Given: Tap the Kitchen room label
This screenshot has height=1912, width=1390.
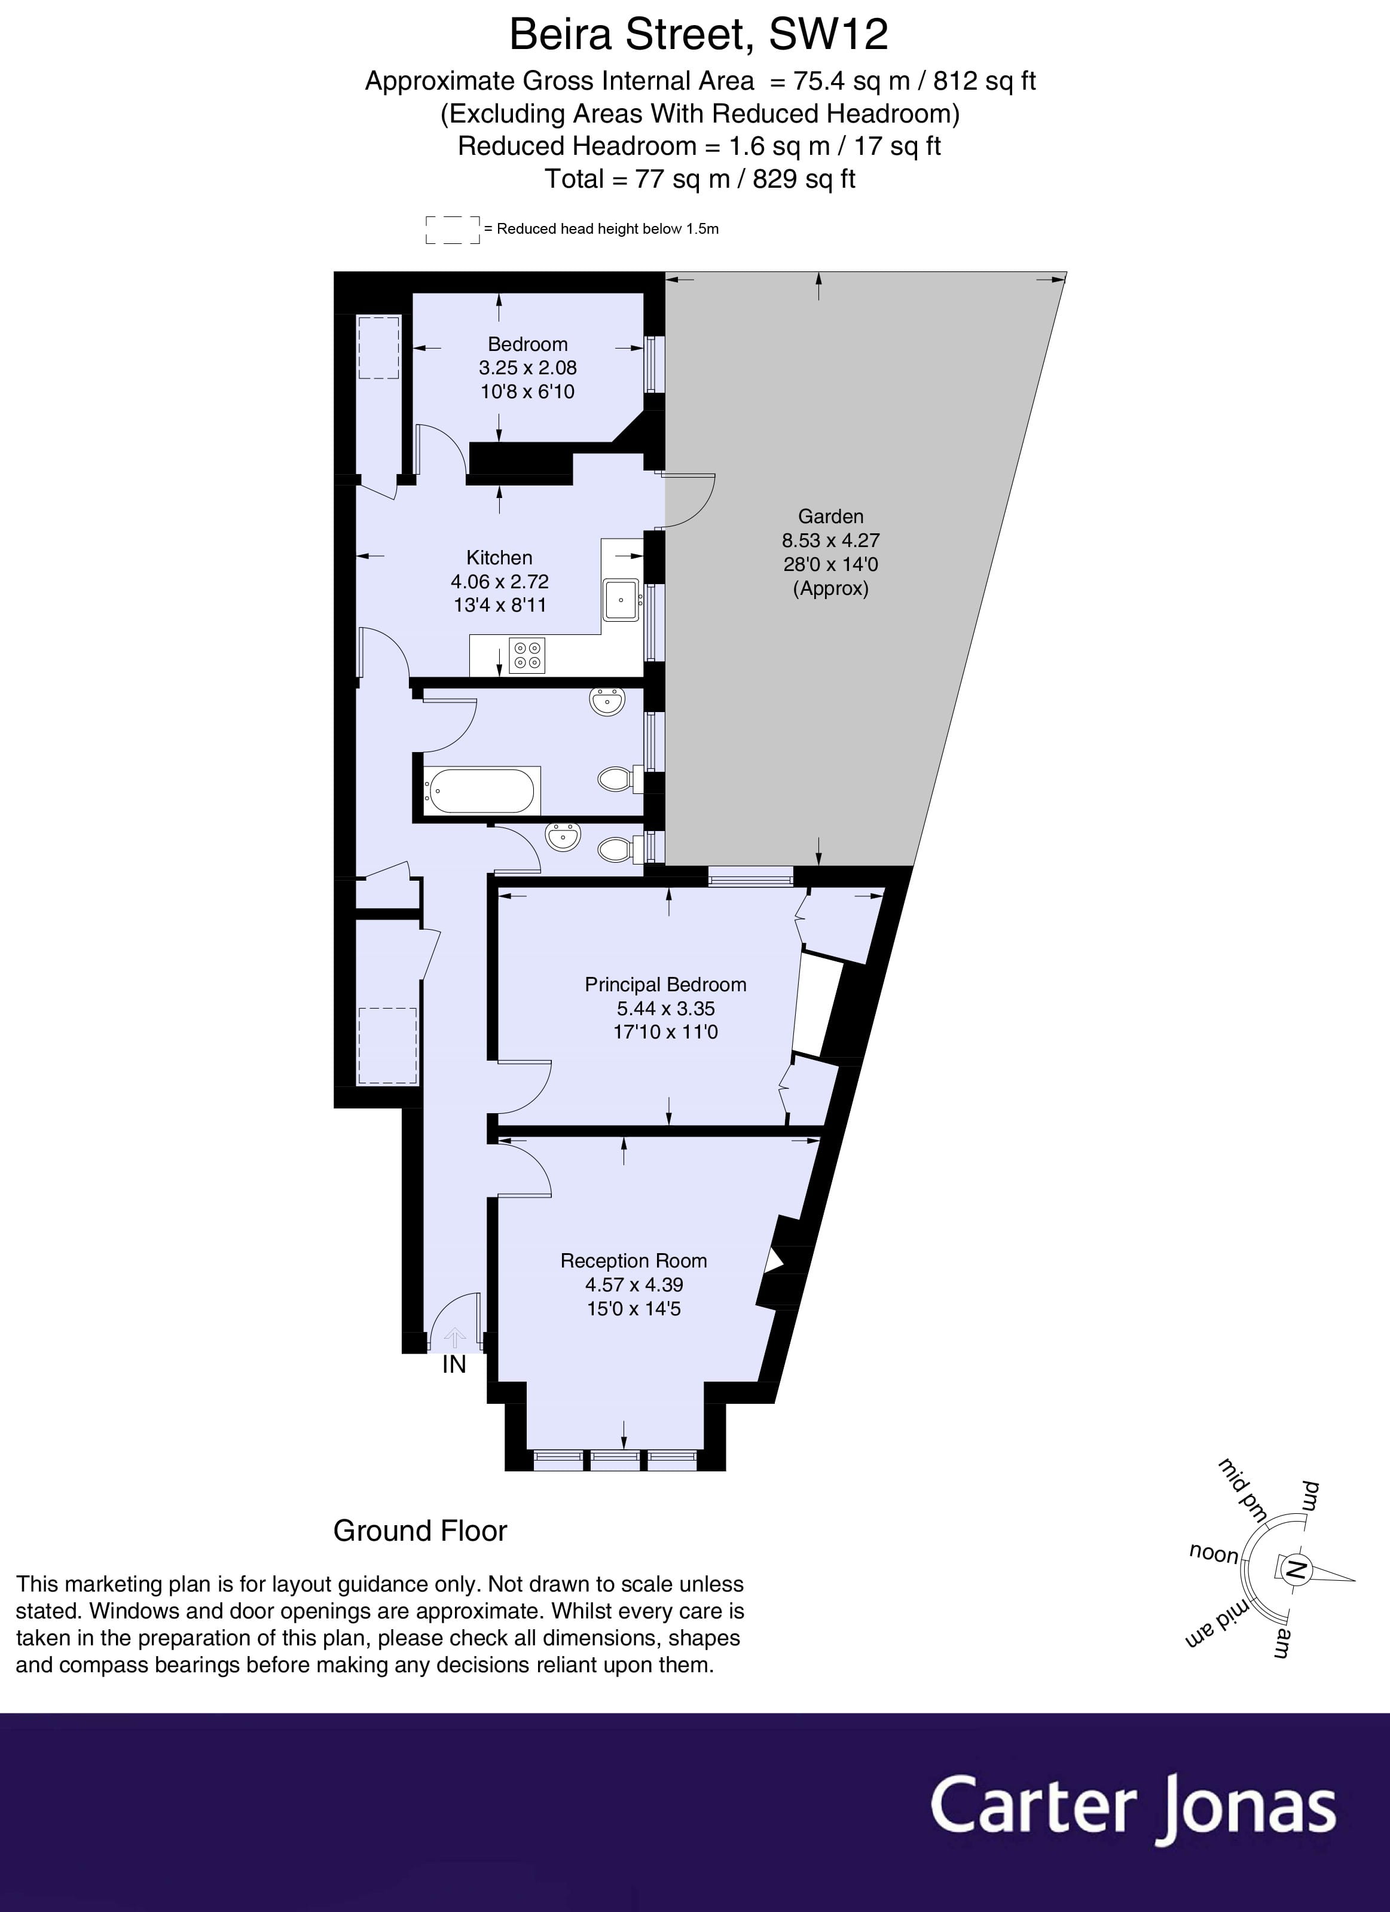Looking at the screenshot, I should point(499,557).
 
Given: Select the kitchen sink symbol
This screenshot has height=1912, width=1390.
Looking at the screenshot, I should point(621,600).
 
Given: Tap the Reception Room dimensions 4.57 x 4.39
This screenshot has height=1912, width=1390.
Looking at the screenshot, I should point(634,1285).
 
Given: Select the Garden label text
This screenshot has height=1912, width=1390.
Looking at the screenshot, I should point(830,516).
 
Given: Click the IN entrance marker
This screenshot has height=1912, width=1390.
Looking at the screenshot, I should point(454,1364).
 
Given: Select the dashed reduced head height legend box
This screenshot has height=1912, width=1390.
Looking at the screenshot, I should point(452,230).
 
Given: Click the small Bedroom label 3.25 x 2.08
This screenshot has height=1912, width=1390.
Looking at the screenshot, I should point(528,368).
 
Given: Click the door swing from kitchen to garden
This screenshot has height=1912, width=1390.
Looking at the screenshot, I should point(689,501).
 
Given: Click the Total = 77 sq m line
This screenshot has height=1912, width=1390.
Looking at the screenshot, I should point(699,179).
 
